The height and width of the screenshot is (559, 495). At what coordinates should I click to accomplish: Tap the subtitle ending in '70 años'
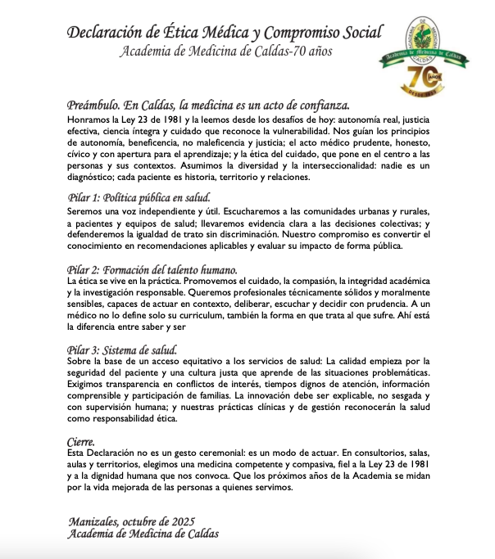pos(226,52)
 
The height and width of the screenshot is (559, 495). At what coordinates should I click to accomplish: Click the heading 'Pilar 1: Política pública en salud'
pos(139,197)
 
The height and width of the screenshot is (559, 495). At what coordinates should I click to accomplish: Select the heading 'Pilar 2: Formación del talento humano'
pos(152,269)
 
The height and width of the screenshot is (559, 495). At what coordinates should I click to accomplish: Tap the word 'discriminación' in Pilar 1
pos(283,233)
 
